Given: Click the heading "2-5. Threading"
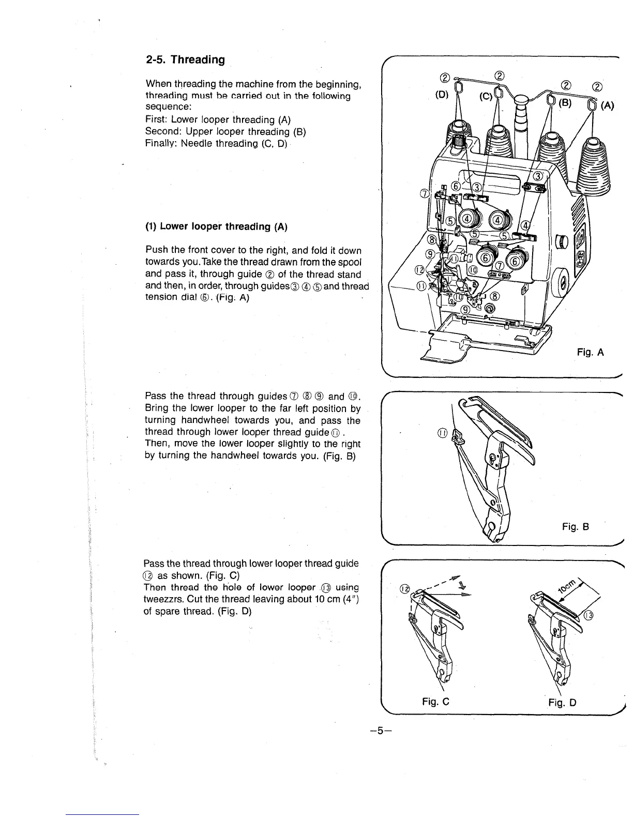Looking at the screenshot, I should pos(185,59).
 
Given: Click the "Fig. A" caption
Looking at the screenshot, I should pos(591,353).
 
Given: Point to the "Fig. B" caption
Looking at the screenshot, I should pos(576,527).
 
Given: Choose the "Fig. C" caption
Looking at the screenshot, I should pos(435,702).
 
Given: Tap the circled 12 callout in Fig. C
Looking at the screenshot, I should pos(405,589).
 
